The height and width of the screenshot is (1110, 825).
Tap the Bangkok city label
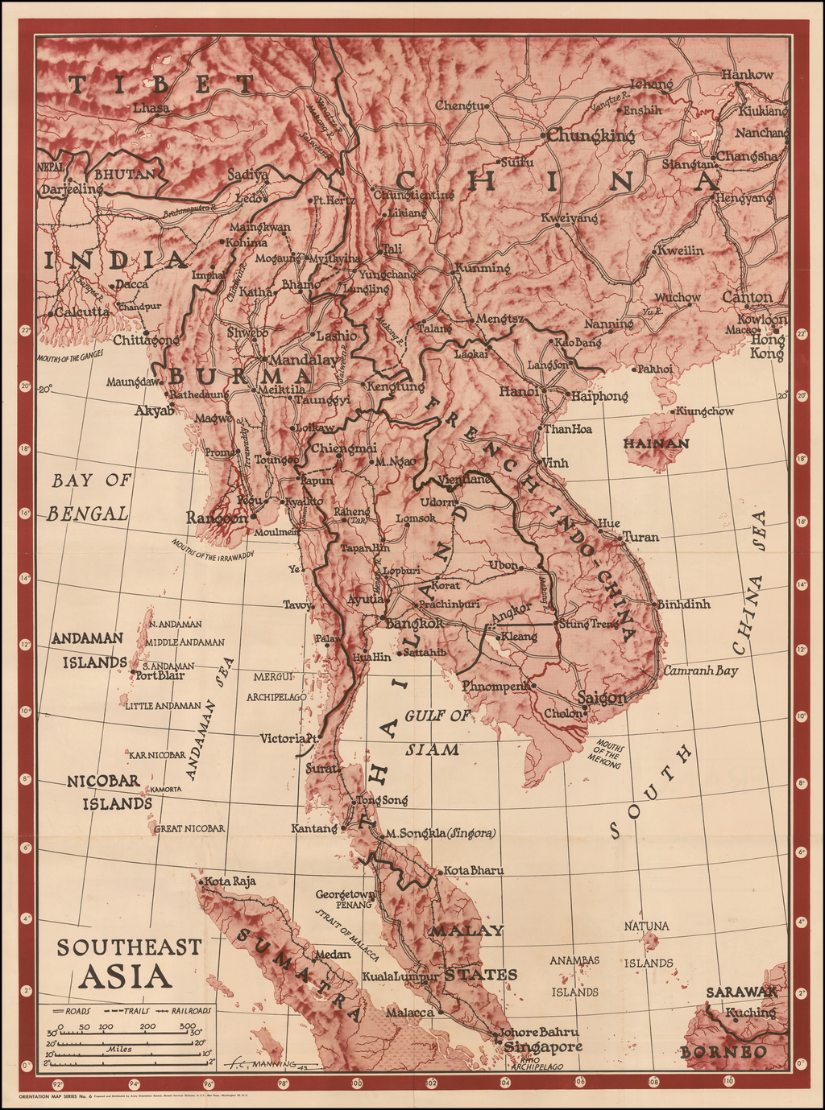(415, 623)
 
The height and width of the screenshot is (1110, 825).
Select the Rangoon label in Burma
(217, 518)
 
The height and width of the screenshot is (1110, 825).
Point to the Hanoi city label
(519, 391)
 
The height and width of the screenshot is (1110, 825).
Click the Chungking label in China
(591, 136)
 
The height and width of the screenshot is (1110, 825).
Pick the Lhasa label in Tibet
(151, 108)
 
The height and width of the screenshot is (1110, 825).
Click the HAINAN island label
(656, 444)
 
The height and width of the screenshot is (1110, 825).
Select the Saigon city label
(602, 698)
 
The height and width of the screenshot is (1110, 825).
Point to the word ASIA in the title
(126, 976)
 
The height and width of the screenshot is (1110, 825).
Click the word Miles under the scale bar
(118, 1050)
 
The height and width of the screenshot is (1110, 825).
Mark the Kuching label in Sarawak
(750, 1013)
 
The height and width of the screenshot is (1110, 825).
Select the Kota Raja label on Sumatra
(230, 881)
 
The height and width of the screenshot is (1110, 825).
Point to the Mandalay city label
(305, 360)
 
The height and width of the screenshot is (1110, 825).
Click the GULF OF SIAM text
(437, 732)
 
